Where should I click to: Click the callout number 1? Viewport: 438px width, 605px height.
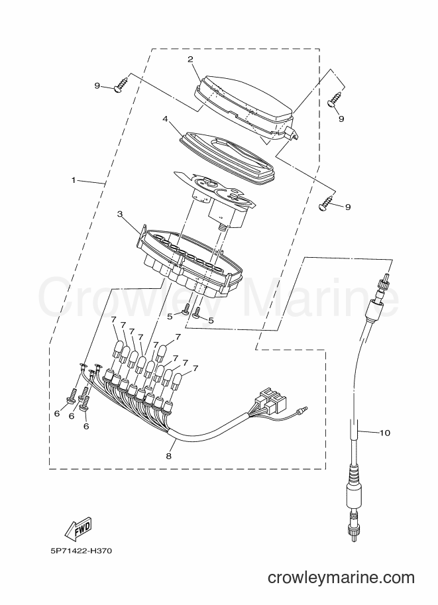[x=74, y=180]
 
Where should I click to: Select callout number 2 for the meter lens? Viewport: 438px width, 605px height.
[x=190, y=59]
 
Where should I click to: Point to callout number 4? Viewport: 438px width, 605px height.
[x=165, y=119]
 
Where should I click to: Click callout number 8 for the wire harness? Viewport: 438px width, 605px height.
[x=168, y=456]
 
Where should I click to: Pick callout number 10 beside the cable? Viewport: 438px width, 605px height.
[x=385, y=433]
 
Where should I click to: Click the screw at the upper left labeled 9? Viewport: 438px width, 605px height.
[x=121, y=84]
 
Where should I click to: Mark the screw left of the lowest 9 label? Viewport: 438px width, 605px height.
[x=327, y=203]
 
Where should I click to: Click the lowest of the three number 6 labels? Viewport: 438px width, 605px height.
[x=86, y=426]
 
